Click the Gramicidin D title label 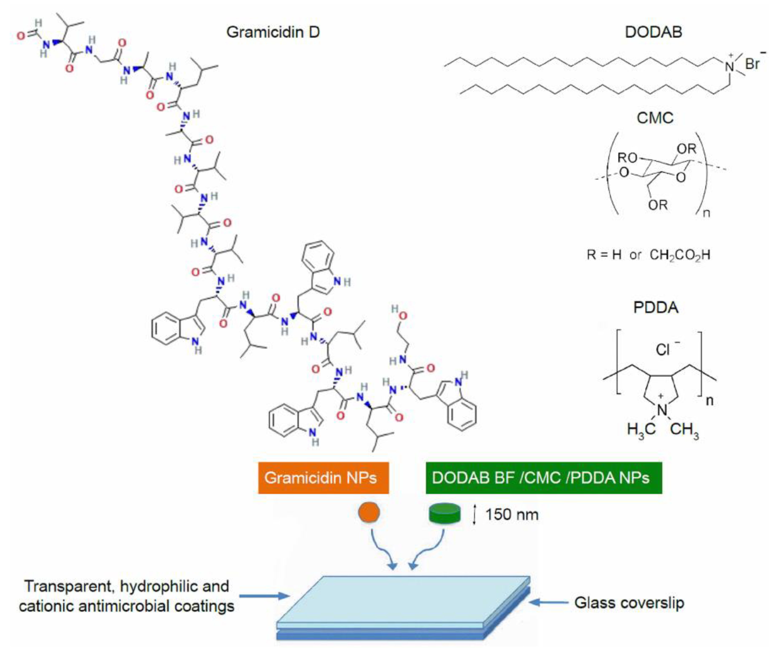(x=273, y=32)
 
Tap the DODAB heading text (x=654, y=32)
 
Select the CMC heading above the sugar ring (x=655, y=118)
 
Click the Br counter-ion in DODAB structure (x=753, y=63)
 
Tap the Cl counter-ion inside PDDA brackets (x=663, y=349)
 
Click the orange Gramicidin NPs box (x=323, y=478)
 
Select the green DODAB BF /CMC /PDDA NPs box (x=543, y=478)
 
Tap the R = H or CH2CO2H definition (x=648, y=255)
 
